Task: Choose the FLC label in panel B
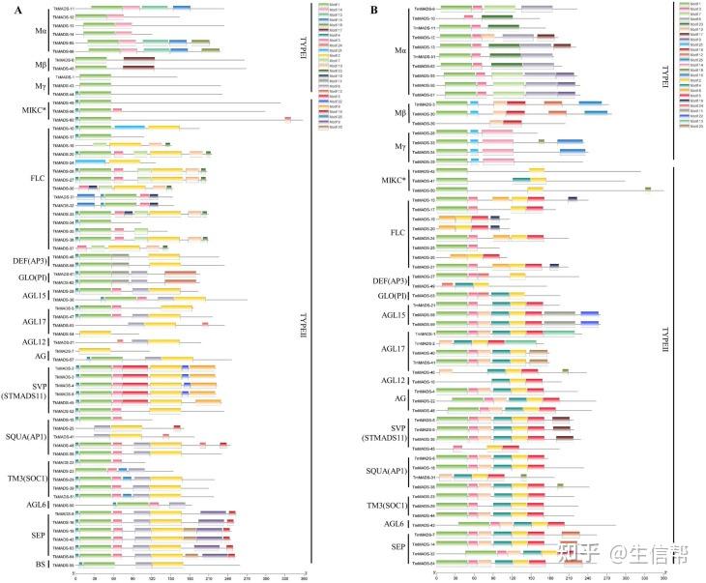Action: [397, 233]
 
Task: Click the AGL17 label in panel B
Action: [395, 348]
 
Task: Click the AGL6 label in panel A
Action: [35, 504]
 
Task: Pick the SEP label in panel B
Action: [398, 547]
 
